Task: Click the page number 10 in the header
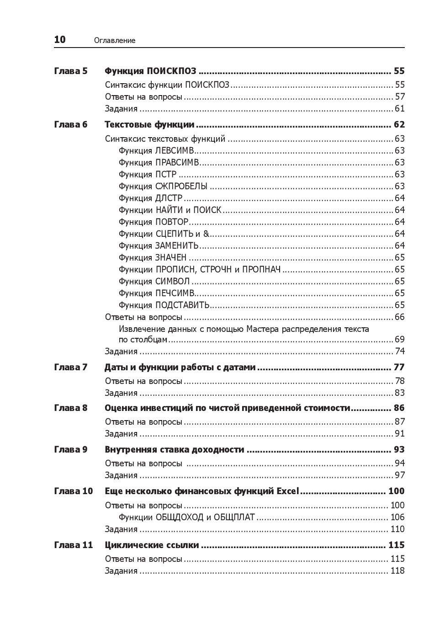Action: tap(60, 40)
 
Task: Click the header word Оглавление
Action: tap(115, 41)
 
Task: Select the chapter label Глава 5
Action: tap(70, 71)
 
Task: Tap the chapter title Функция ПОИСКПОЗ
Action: tap(150, 71)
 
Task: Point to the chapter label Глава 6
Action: tap(70, 124)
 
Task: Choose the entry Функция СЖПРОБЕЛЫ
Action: tap(163, 186)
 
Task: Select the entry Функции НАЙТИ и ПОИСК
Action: tap(170, 210)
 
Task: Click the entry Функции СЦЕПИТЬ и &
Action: tap(164, 234)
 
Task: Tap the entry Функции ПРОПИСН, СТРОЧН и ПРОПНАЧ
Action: tap(199, 269)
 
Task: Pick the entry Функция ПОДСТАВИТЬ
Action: tap(164, 305)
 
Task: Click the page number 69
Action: tap(399, 339)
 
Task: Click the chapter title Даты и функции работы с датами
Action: tap(180, 367)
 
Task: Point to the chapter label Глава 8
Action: tap(70, 408)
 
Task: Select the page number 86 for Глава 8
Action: tap(399, 408)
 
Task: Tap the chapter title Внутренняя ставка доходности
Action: tap(174, 449)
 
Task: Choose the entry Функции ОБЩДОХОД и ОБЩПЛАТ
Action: tap(186, 517)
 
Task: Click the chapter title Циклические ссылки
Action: tap(152, 545)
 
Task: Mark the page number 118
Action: tap(397, 570)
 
